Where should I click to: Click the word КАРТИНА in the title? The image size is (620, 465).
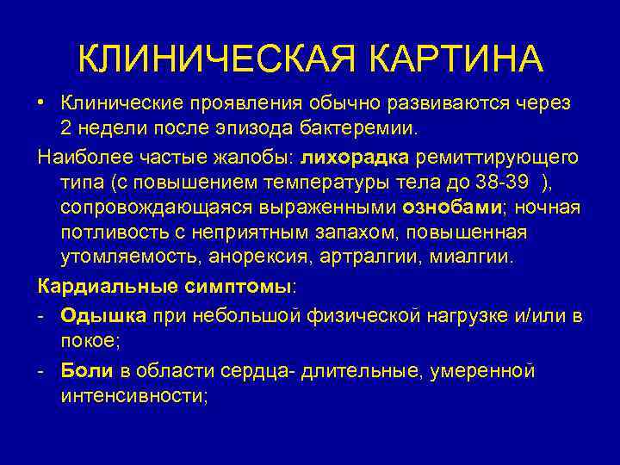(458, 59)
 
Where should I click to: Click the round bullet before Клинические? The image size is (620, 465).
(41, 102)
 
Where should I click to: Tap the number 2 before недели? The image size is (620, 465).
(66, 128)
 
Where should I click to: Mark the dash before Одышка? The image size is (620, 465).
(42, 315)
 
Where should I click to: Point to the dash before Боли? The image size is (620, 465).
(42, 370)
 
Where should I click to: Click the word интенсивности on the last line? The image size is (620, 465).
(131, 396)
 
